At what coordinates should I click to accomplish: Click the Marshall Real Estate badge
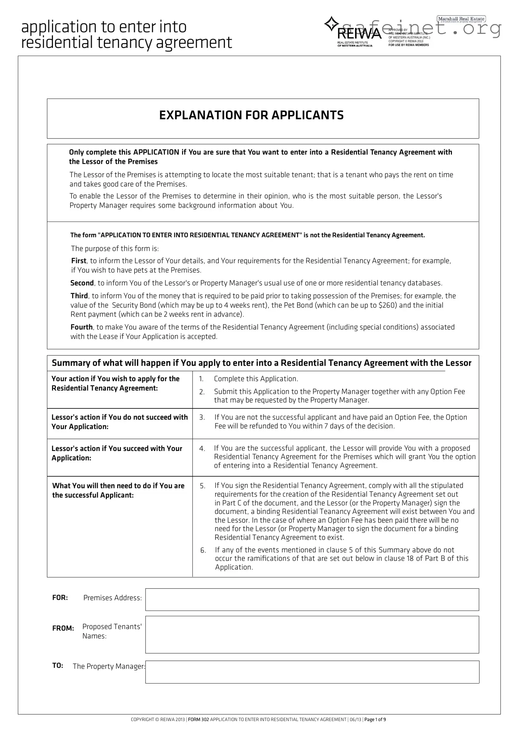tap(461, 19)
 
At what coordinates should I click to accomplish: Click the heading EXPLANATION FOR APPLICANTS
tap(251, 115)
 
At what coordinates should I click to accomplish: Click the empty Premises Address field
tap(312, 600)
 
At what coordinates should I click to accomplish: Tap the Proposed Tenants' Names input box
tap(312, 634)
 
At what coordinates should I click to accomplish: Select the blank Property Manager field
tap(312, 672)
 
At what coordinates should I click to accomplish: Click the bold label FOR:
tap(60, 597)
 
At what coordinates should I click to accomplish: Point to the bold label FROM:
tap(63, 628)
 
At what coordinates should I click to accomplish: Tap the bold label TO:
tap(58, 665)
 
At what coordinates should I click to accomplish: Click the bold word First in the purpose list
tap(78, 261)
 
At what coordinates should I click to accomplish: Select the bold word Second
tap(82, 283)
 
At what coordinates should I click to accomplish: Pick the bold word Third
tap(79, 296)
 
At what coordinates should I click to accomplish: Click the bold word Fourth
tap(81, 327)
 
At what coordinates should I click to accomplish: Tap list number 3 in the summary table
tap(202, 417)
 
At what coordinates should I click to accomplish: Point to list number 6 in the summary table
tap(203, 550)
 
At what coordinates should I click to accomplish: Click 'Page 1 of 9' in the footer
tap(375, 719)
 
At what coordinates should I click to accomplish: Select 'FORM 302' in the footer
tap(199, 719)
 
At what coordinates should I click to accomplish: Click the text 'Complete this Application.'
tap(256, 379)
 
